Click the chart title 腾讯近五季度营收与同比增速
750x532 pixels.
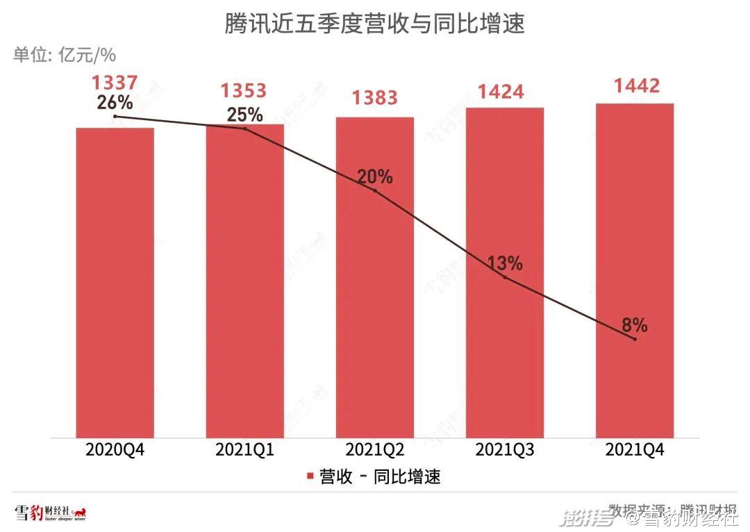374,24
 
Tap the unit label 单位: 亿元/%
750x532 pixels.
64,55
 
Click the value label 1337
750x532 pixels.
115,83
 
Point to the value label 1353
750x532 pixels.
244,91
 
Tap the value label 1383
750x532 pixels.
375,98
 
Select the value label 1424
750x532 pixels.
505,91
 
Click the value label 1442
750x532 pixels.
635,86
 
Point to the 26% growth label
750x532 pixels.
115,103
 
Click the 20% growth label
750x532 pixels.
375,177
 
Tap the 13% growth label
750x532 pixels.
505,263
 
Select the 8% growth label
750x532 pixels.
635,324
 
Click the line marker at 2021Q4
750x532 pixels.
635,339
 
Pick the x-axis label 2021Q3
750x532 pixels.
505,450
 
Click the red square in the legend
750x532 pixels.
310,477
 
